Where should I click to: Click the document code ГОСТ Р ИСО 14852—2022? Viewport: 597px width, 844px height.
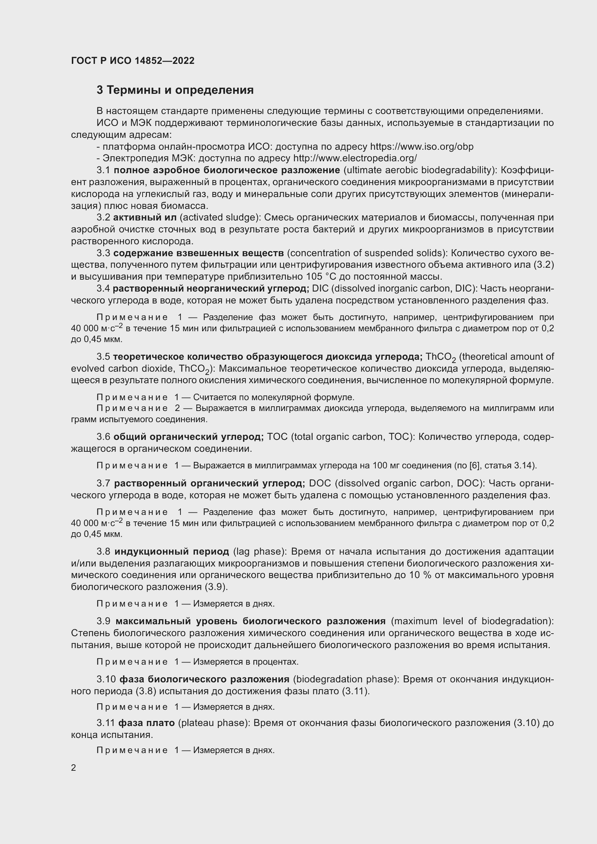133,61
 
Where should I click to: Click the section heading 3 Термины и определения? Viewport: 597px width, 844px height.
175,90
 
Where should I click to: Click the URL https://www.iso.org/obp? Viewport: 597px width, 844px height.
422,147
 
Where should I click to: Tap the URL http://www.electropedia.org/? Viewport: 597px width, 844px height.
355,158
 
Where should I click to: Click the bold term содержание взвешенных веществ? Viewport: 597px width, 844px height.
199,253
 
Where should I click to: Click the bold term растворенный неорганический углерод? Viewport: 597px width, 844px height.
211,289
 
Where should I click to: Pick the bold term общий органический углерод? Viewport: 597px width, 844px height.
188,437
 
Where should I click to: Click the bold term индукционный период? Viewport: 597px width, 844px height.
172,551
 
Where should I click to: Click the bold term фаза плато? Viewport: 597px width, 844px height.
146,723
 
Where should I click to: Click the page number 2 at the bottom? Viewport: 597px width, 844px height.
74,768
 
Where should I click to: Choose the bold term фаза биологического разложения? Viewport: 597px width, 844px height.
204,679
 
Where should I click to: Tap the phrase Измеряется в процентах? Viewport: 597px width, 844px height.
245,662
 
